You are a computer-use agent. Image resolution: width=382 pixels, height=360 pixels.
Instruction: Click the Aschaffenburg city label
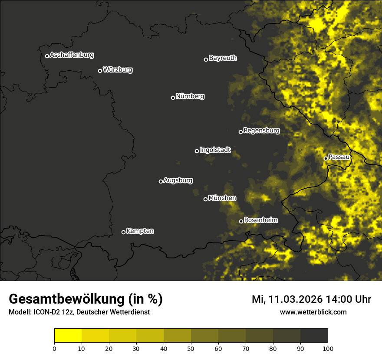point(72,55)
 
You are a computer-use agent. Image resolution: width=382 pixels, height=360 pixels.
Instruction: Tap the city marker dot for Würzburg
point(100,71)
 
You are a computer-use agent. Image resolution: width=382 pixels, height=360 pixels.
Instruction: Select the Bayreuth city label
point(223,58)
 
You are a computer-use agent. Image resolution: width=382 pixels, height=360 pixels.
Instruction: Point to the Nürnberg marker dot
point(173,98)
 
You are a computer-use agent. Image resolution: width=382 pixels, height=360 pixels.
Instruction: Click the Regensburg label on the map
point(261,131)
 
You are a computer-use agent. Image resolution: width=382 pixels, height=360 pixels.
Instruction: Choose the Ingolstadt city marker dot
point(197,151)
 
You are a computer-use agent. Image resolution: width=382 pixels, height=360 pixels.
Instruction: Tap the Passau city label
point(339,157)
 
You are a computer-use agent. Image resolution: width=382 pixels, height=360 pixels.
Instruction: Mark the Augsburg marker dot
point(161,181)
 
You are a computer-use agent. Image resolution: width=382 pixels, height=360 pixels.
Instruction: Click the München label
point(222,198)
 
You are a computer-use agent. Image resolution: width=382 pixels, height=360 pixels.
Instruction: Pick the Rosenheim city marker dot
point(241,222)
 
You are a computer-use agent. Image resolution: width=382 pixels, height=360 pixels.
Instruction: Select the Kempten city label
point(140,231)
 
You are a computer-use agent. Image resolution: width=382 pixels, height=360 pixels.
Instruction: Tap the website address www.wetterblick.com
point(313,312)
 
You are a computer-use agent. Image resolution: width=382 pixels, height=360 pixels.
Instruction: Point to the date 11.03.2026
point(295,299)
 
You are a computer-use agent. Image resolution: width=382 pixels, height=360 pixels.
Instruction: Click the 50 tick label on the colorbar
point(191,348)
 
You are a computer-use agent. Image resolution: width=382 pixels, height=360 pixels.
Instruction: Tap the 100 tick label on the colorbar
point(328,348)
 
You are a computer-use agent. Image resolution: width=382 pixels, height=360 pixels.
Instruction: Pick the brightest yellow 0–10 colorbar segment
point(68,336)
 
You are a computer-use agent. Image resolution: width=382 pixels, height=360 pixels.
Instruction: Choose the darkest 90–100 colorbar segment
point(314,336)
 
